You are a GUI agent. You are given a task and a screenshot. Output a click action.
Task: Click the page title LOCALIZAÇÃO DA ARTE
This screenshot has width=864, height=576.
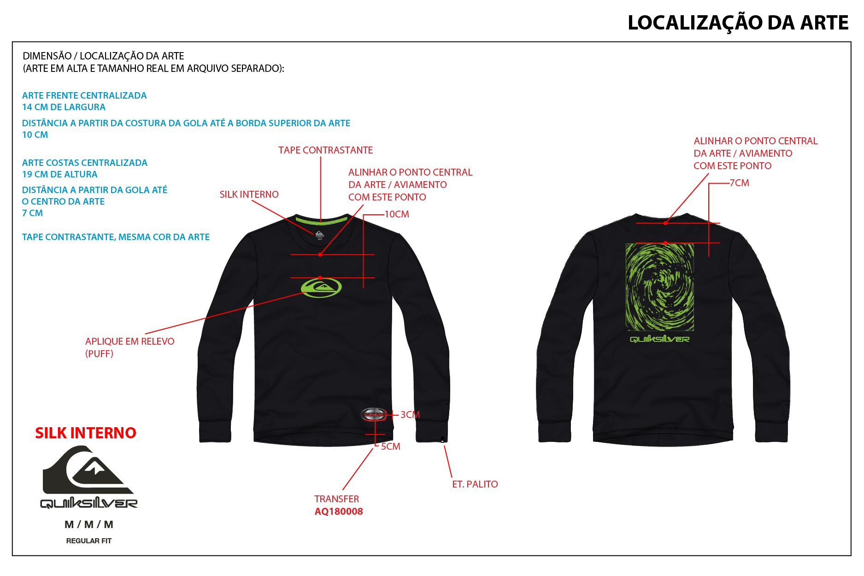tap(738, 23)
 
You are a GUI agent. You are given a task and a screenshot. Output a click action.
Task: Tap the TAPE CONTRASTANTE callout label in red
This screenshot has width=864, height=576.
tap(325, 150)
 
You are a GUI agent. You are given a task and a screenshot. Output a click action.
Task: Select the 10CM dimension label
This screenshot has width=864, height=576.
tap(397, 214)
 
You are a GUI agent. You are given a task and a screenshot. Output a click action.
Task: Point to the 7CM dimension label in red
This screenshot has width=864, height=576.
tap(739, 183)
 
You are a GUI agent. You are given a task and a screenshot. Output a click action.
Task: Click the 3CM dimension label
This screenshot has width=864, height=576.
tap(410, 415)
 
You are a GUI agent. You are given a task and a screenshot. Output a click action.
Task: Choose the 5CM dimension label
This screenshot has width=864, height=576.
tap(390, 447)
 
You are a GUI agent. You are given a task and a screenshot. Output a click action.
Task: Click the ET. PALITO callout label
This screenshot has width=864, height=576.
tap(475, 484)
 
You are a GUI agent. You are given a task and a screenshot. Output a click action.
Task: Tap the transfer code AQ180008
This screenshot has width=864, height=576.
tap(339, 511)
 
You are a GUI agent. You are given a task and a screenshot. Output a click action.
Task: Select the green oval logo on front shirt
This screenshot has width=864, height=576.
tap(321, 288)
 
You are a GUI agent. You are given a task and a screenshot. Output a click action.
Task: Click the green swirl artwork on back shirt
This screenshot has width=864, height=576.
tap(660, 287)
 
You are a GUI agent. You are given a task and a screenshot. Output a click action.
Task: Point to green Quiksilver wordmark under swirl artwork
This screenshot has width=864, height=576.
tap(660, 339)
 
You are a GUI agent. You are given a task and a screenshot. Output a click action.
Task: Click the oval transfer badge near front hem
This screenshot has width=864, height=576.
tap(373, 414)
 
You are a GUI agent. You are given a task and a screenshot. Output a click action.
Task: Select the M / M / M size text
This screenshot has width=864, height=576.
tap(89, 524)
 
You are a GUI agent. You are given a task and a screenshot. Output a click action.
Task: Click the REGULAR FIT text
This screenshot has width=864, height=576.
tap(89, 541)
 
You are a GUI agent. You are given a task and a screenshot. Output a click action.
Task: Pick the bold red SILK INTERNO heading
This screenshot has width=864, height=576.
tap(86, 433)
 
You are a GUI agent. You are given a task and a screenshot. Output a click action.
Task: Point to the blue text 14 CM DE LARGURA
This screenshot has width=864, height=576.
tap(64, 107)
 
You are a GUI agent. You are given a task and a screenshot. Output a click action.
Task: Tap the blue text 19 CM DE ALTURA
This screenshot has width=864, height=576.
tap(60, 174)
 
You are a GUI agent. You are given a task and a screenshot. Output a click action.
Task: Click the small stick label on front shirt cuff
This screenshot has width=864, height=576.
tap(442, 440)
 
